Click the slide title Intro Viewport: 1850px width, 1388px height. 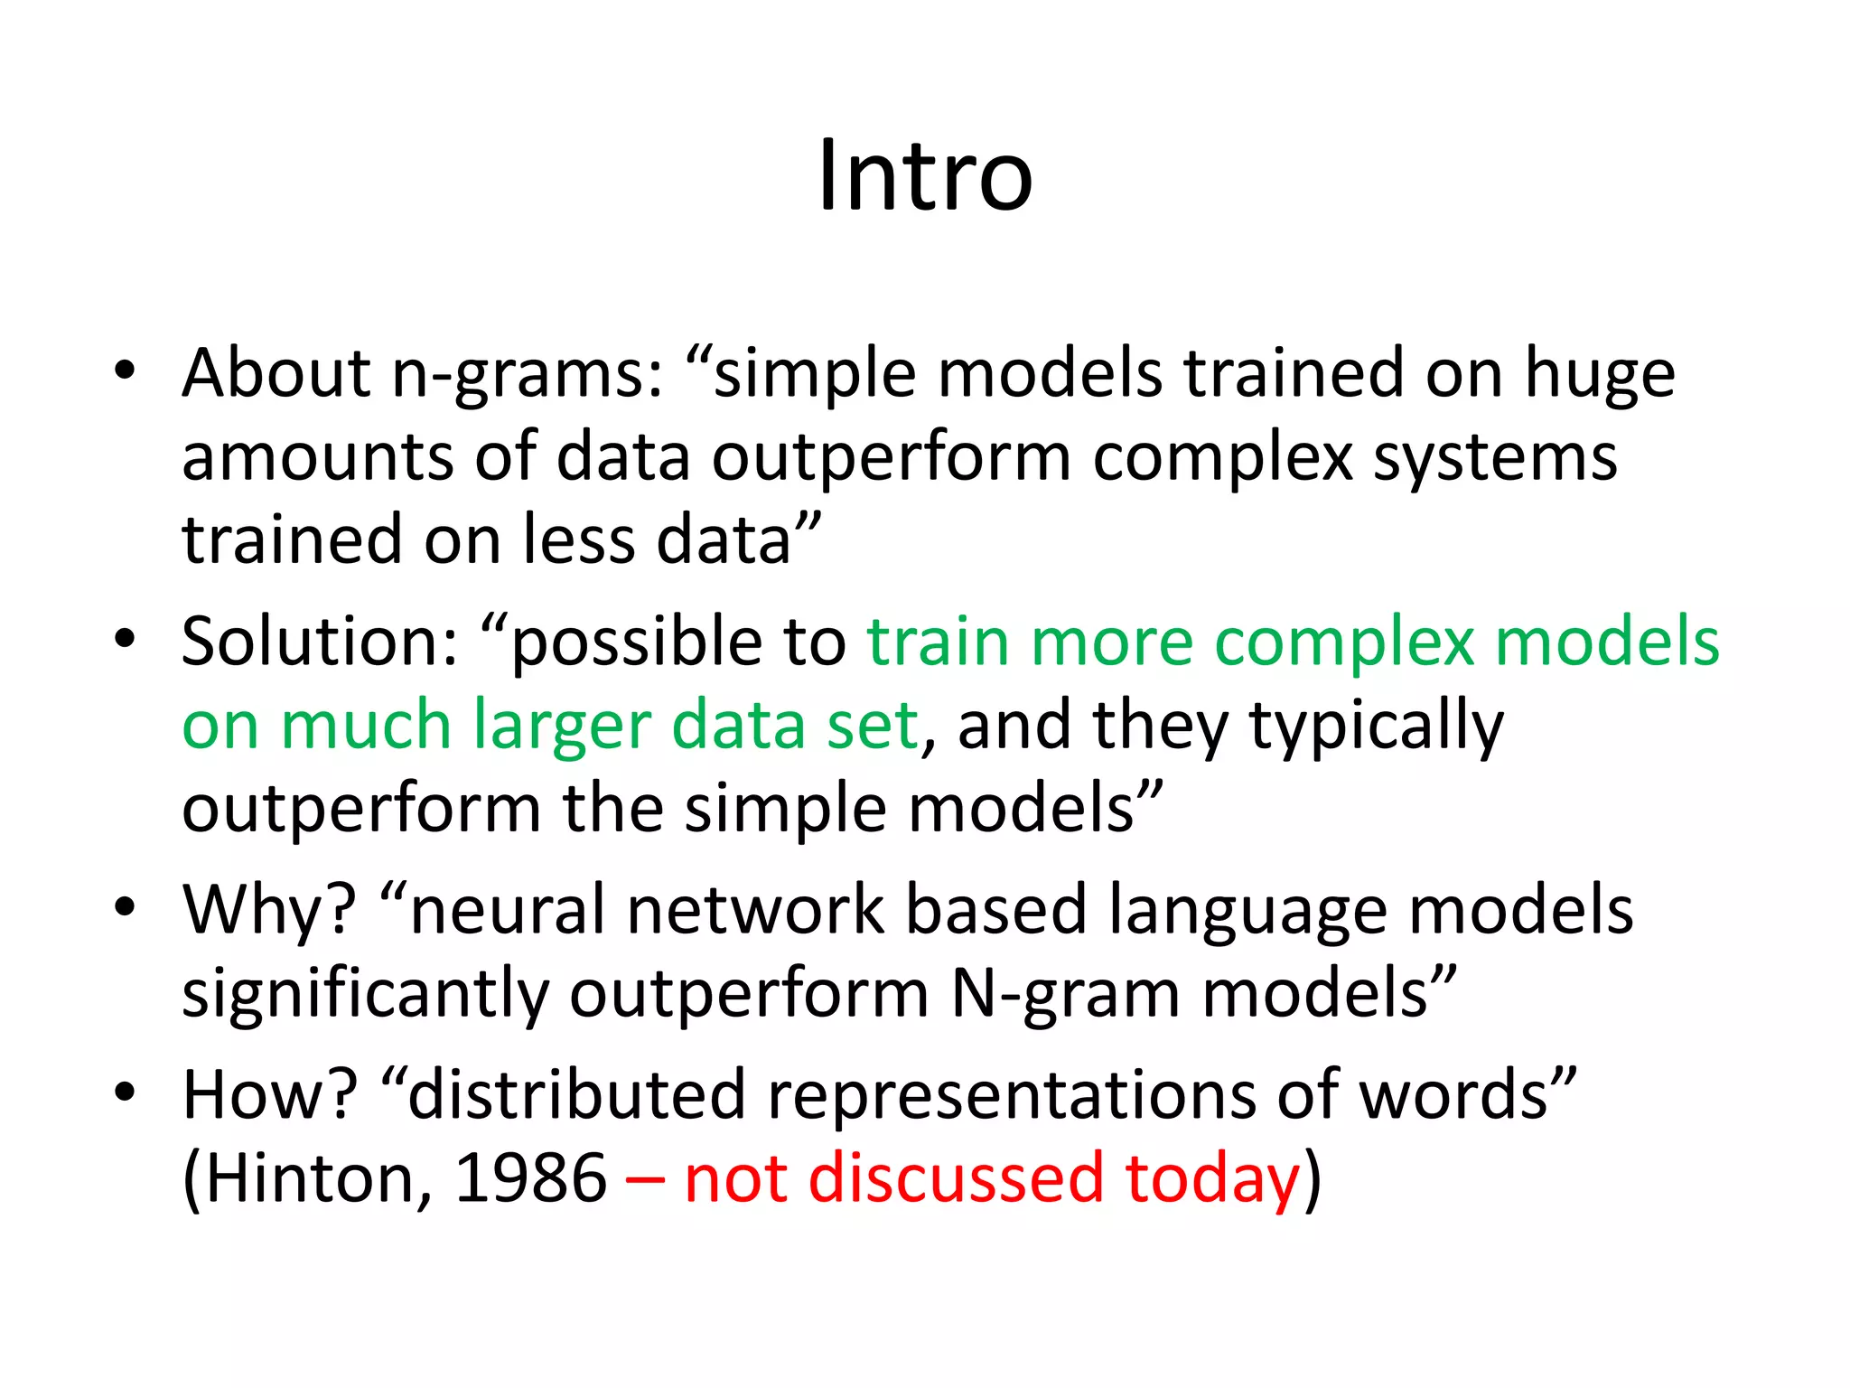[925, 176]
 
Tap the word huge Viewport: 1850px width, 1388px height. [1600, 375]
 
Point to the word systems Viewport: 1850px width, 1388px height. [1495, 458]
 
